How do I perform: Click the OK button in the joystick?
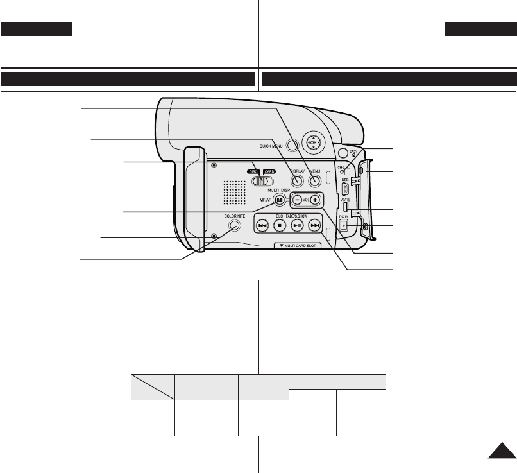(313, 142)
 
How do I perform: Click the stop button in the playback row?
(279, 226)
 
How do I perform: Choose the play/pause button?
(296, 226)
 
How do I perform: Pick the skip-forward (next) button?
(314, 226)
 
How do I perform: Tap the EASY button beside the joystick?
(343, 153)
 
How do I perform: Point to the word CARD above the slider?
(269, 172)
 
